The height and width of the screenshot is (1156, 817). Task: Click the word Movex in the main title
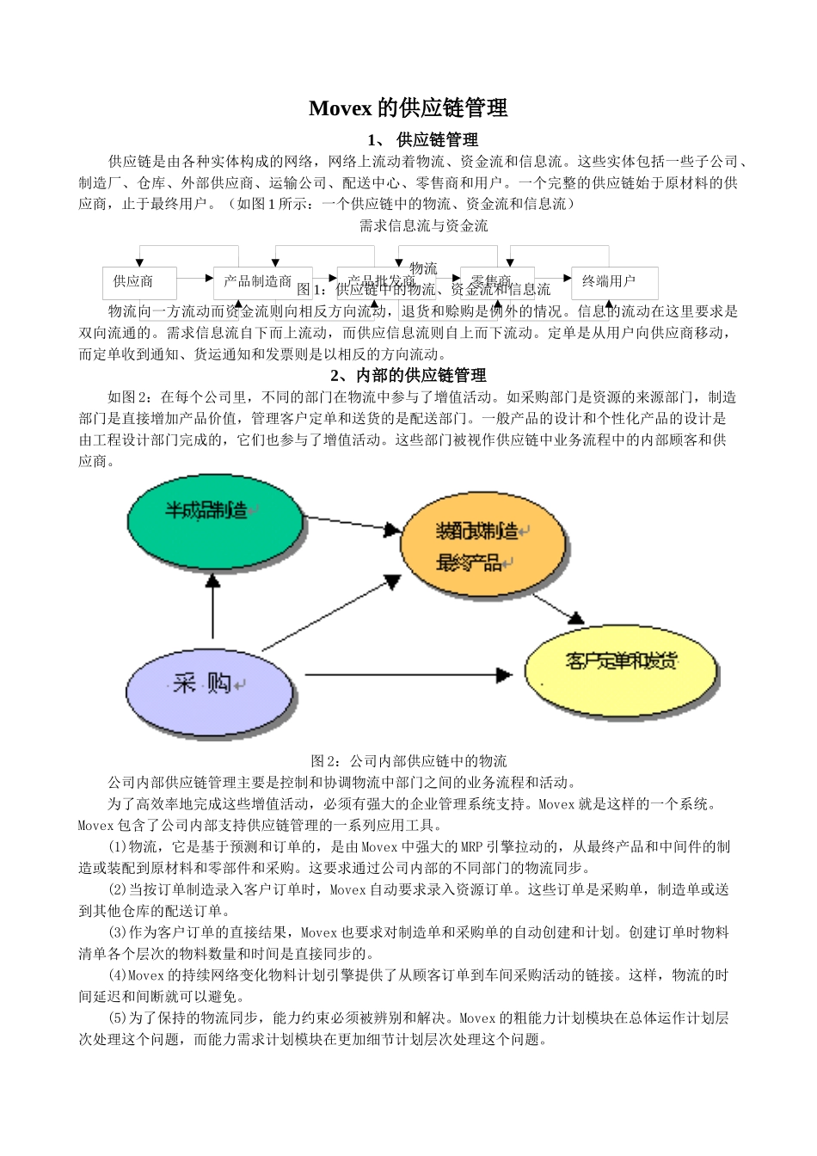point(340,108)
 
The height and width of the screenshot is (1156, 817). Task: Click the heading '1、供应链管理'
point(422,139)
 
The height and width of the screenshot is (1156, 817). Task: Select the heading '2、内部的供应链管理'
point(408,375)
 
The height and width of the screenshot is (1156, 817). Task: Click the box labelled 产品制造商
point(257,281)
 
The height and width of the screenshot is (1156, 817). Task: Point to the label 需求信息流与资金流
point(423,225)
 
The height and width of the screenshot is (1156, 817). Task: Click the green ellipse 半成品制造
point(215,520)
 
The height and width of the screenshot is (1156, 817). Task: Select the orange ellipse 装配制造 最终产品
point(484,545)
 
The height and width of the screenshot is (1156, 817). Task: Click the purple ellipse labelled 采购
point(210,692)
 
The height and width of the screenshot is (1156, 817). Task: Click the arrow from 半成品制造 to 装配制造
point(353,524)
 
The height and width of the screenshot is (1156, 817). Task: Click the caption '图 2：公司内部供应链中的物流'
point(408,760)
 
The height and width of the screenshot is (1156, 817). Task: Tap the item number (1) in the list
point(118,847)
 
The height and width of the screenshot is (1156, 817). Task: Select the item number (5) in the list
point(118,1018)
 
